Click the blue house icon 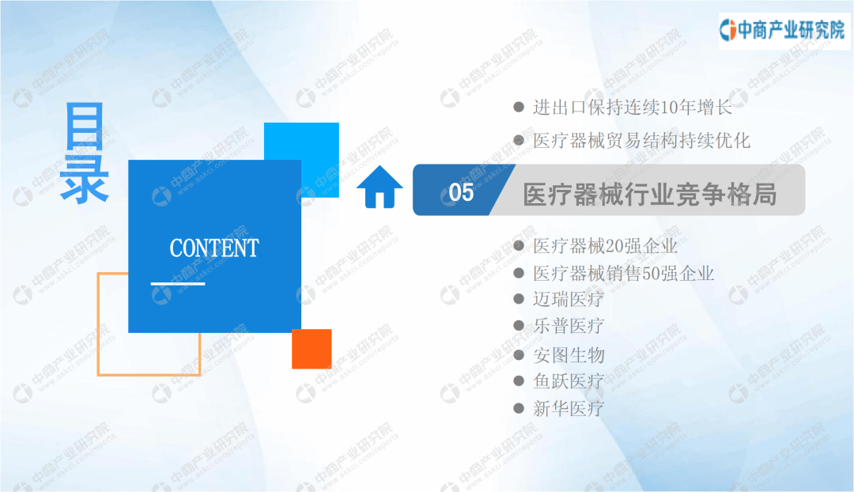(380, 187)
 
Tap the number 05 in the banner (461, 192)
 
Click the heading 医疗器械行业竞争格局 (650, 195)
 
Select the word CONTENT (214, 248)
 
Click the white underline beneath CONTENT (178, 283)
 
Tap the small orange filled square (312, 349)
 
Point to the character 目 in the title (85, 126)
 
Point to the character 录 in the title (85, 179)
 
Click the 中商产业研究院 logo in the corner (783, 31)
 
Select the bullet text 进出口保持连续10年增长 (633, 108)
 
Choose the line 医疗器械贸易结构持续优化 (641, 141)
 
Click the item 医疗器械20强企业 (605, 246)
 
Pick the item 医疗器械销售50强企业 (623, 273)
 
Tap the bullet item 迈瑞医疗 (568, 299)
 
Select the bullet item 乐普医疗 (568, 326)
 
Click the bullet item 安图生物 (569, 354)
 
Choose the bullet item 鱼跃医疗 (568, 380)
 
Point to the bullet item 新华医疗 (568, 408)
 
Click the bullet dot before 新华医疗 (519, 408)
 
